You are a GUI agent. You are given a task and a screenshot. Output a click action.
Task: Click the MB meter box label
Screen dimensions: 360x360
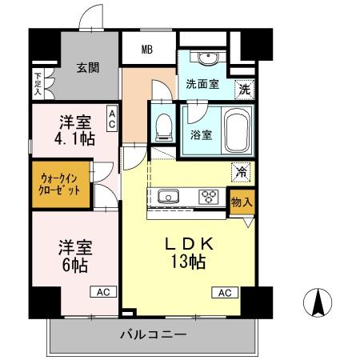147,50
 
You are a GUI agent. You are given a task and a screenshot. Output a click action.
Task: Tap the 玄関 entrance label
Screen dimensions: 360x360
88,68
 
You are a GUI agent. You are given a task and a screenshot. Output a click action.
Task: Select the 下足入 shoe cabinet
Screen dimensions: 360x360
38,82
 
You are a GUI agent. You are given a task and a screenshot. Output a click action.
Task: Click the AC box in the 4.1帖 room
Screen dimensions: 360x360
112,119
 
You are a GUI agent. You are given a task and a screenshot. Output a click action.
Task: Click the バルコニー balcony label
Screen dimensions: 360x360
154,334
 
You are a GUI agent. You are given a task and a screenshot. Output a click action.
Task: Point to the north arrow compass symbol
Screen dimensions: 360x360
317,302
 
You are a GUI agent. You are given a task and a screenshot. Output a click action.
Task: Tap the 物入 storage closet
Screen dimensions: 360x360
241,202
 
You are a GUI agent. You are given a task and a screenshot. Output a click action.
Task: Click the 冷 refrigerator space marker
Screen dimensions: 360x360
239,170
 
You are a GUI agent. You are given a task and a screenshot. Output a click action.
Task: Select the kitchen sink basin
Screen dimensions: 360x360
170,197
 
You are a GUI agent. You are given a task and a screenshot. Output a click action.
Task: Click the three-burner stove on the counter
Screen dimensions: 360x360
210,197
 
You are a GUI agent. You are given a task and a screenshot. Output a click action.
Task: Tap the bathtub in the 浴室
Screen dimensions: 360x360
238,129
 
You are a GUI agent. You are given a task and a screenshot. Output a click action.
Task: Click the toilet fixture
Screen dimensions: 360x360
165,125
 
